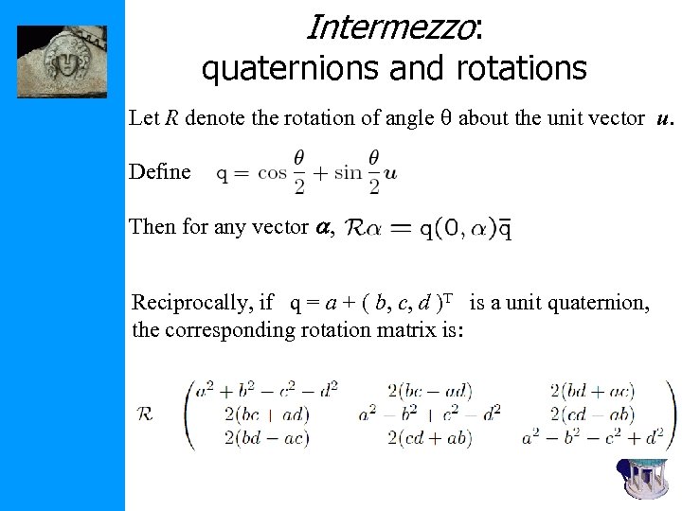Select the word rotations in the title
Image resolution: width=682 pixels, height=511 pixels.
(x=524, y=68)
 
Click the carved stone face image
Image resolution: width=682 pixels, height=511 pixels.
(x=63, y=62)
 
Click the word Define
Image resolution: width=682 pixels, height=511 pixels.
(x=159, y=171)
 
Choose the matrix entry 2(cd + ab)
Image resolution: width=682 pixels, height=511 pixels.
(x=429, y=437)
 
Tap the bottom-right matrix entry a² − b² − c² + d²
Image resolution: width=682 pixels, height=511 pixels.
(x=592, y=437)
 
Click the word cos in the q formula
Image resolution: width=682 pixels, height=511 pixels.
(x=272, y=173)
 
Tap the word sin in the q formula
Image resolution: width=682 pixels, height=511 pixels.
(x=350, y=173)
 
